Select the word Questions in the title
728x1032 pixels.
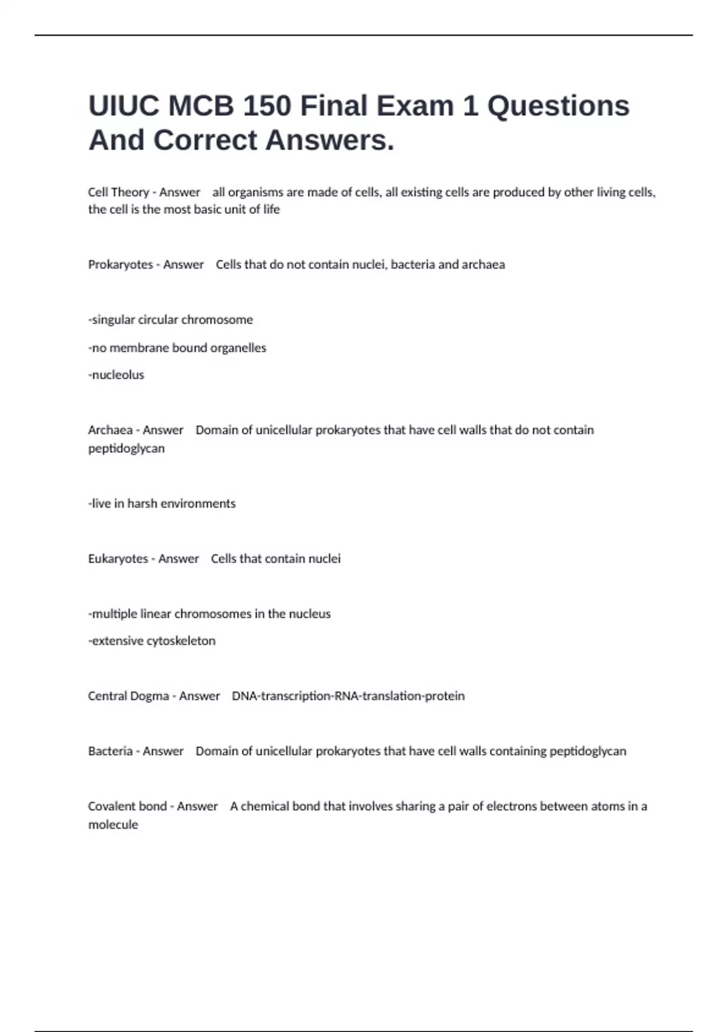[x=558, y=106]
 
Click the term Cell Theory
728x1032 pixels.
[x=118, y=192]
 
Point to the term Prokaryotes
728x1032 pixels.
[x=120, y=265]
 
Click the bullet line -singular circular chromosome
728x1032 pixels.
[x=170, y=320]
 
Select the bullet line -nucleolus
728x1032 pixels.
[x=116, y=375]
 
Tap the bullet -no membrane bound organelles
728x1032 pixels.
[x=177, y=348]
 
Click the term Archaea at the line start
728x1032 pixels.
[x=110, y=430]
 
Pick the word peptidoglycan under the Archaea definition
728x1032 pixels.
[x=126, y=449]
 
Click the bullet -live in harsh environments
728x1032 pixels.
[x=161, y=504]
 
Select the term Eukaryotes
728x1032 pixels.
[x=118, y=559]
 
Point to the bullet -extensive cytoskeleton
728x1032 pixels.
[x=152, y=641]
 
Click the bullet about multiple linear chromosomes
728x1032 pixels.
[x=209, y=614]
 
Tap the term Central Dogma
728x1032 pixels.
[x=129, y=696]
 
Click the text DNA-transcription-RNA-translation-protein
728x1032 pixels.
[x=348, y=696]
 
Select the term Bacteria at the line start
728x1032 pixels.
[x=110, y=752]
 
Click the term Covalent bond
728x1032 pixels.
[x=127, y=807]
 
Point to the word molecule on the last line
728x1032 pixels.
[x=113, y=825]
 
